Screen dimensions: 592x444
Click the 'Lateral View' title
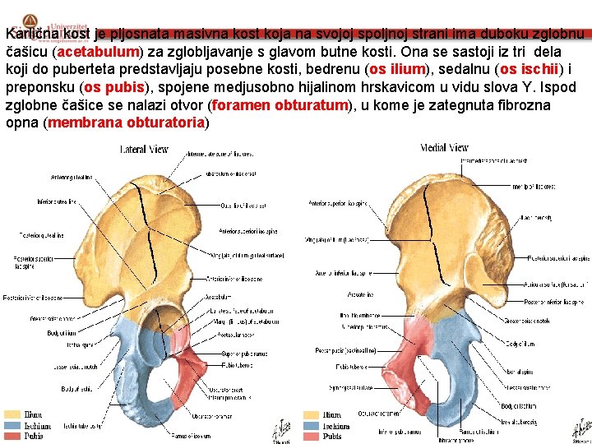[x=144, y=149]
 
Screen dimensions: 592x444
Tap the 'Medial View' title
[x=444, y=148]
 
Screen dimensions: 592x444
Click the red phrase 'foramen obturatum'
[x=280, y=105]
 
